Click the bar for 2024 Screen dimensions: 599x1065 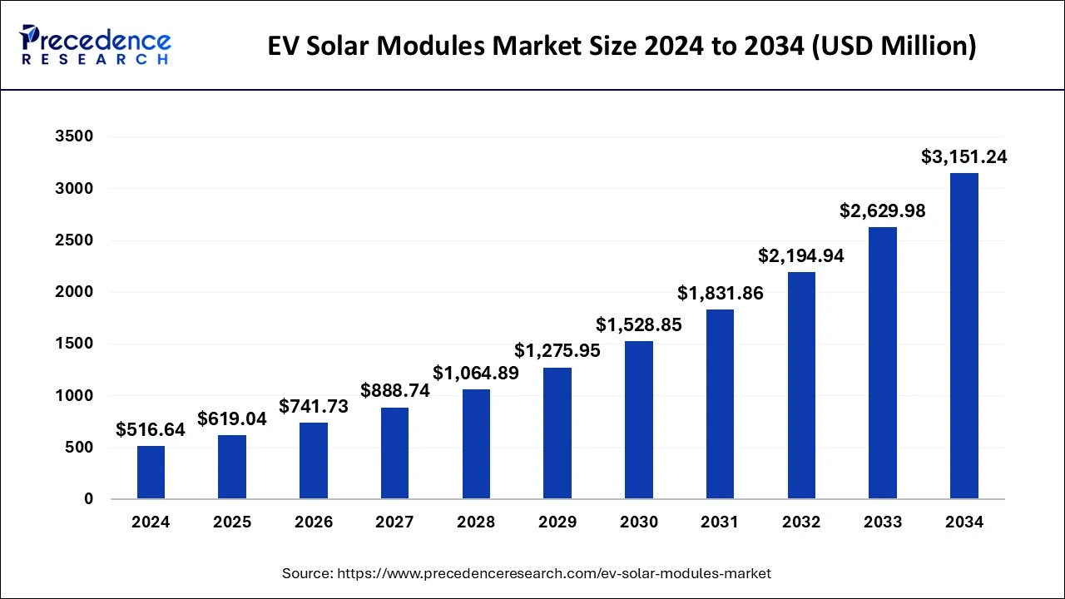[x=151, y=472]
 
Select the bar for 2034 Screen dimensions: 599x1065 [x=963, y=336]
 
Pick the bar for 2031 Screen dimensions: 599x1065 [x=720, y=404]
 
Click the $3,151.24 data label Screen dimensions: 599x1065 [x=963, y=156]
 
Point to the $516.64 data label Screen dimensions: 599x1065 [x=151, y=429]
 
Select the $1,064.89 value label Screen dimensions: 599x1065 [x=476, y=373]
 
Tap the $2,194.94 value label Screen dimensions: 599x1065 [x=801, y=256]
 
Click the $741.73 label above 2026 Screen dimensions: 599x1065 [x=314, y=406]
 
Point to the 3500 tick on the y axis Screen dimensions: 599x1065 [x=74, y=136]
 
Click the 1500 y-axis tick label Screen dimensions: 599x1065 [x=74, y=344]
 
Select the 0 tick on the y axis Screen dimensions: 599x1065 [x=88, y=499]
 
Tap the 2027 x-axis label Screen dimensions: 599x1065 [x=394, y=522]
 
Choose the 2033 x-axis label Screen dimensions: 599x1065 [x=883, y=522]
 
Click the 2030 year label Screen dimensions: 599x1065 [x=639, y=522]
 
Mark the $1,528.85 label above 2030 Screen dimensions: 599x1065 [x=639, y=325]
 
